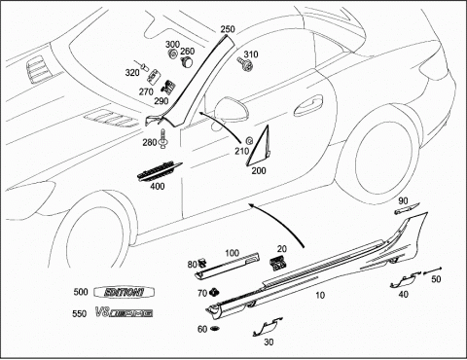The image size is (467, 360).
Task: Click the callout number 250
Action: click(228, 29)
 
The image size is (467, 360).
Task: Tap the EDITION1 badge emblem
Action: click(124, 292)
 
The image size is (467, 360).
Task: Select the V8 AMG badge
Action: click(124, 313)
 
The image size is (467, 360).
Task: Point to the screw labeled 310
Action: click(244, 64)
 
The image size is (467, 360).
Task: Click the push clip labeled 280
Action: click(163, 139)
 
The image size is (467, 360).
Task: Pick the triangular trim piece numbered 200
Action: click(260, 145)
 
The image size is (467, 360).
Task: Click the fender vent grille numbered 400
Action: click(160, 171)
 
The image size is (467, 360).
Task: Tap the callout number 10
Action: click(320, 295)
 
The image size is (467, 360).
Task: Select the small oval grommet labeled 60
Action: click(214, 329)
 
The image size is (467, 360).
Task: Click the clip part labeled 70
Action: click(214, 292)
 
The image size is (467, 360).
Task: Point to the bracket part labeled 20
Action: click(277, 262)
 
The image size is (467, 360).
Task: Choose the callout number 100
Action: click(232, 253)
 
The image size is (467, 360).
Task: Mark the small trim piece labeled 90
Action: click(407, 208)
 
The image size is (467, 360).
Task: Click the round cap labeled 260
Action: click(186, 61)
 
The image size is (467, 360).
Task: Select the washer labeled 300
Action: click(172, 54)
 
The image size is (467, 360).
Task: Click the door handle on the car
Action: click(308, 105)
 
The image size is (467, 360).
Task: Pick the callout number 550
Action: click(80, 313)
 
